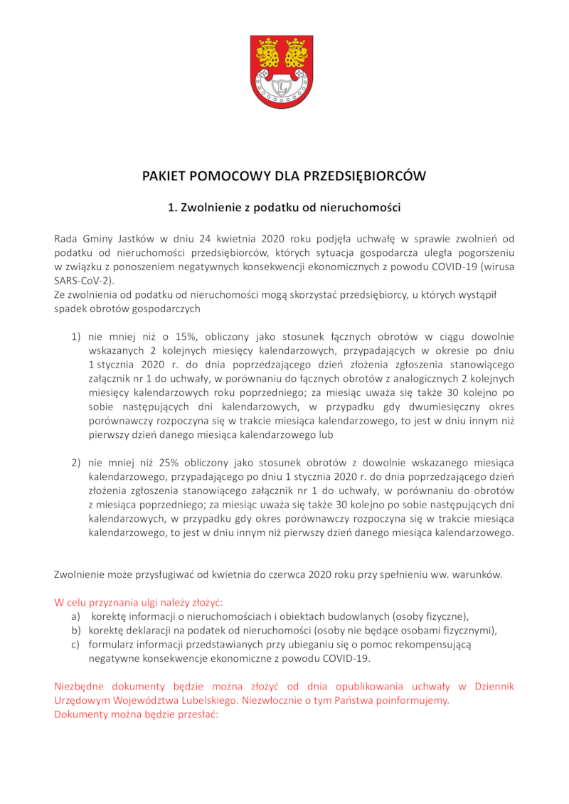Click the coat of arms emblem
(281, 73)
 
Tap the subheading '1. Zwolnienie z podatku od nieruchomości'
(284, 208)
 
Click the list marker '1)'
(75, 336)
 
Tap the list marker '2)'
(75, 463)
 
